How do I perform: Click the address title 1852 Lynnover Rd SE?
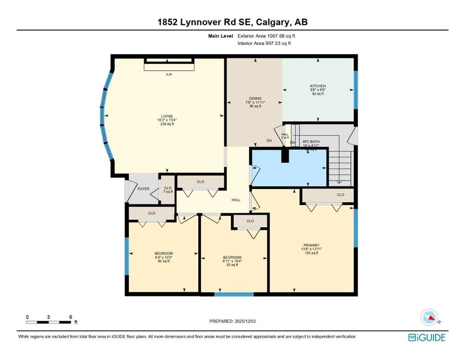coord(232,22)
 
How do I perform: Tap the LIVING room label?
coord(167,116)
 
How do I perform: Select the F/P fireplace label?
coord(169,75)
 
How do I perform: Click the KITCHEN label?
coord(317,86)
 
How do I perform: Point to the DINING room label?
coord(255,98)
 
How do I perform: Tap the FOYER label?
coord(143,189)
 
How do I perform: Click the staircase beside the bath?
coord(340,166)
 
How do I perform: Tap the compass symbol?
coord(429,317)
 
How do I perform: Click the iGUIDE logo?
coord(426,337)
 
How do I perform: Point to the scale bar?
coord(49,322)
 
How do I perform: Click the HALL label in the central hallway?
coord(236,200)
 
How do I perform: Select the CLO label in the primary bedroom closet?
coord(340,195)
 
